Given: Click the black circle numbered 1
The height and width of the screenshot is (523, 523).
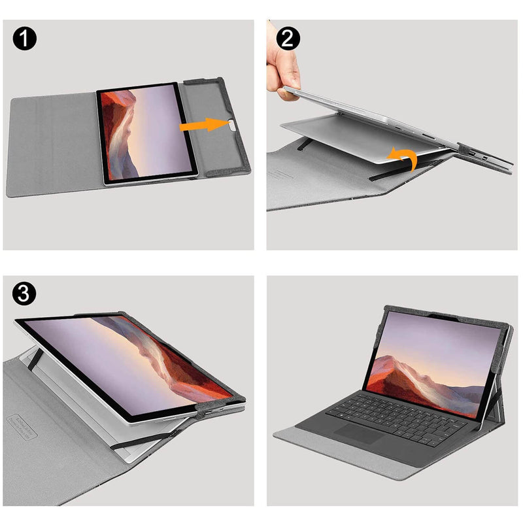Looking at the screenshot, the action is pos(25,39).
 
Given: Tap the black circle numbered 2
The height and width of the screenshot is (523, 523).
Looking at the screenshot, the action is pos(288,39).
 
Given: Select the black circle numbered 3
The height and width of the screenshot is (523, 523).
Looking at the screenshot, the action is pos(24,293).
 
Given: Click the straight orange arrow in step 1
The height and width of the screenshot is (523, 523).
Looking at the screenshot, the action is pos(205,125).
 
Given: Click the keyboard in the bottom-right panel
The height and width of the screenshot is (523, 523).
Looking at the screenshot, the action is pos(396,419).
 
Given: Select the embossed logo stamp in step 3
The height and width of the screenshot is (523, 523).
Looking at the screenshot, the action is pos(22,426).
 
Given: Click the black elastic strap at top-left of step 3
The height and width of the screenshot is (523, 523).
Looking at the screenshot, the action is pos(35,359).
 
